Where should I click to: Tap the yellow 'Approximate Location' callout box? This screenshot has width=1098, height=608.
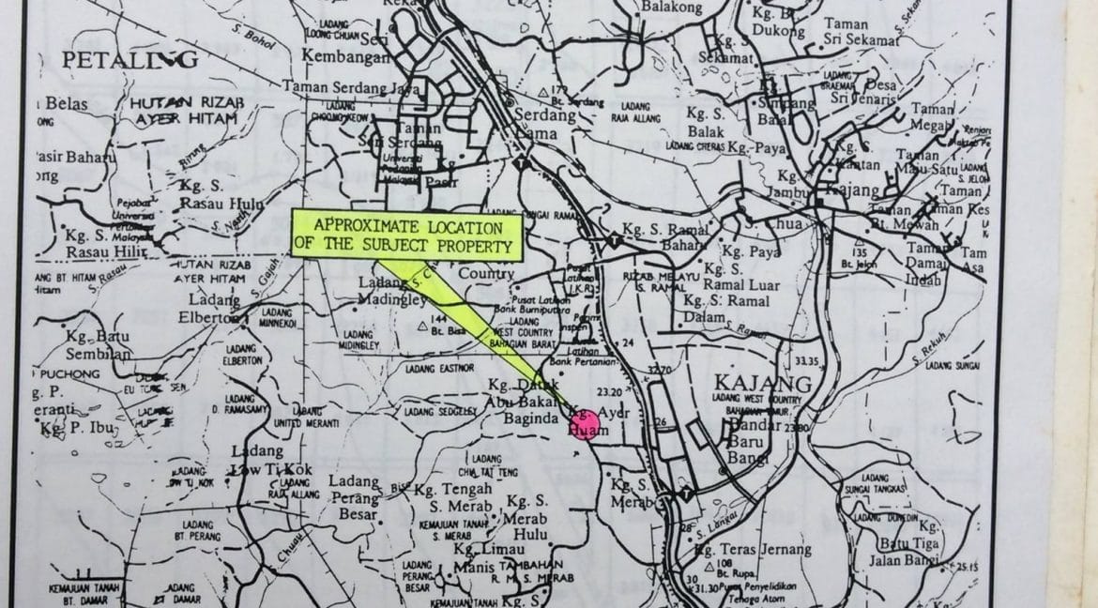tap(405, 236)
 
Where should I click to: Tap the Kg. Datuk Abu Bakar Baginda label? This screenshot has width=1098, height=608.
tap(525, 399)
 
